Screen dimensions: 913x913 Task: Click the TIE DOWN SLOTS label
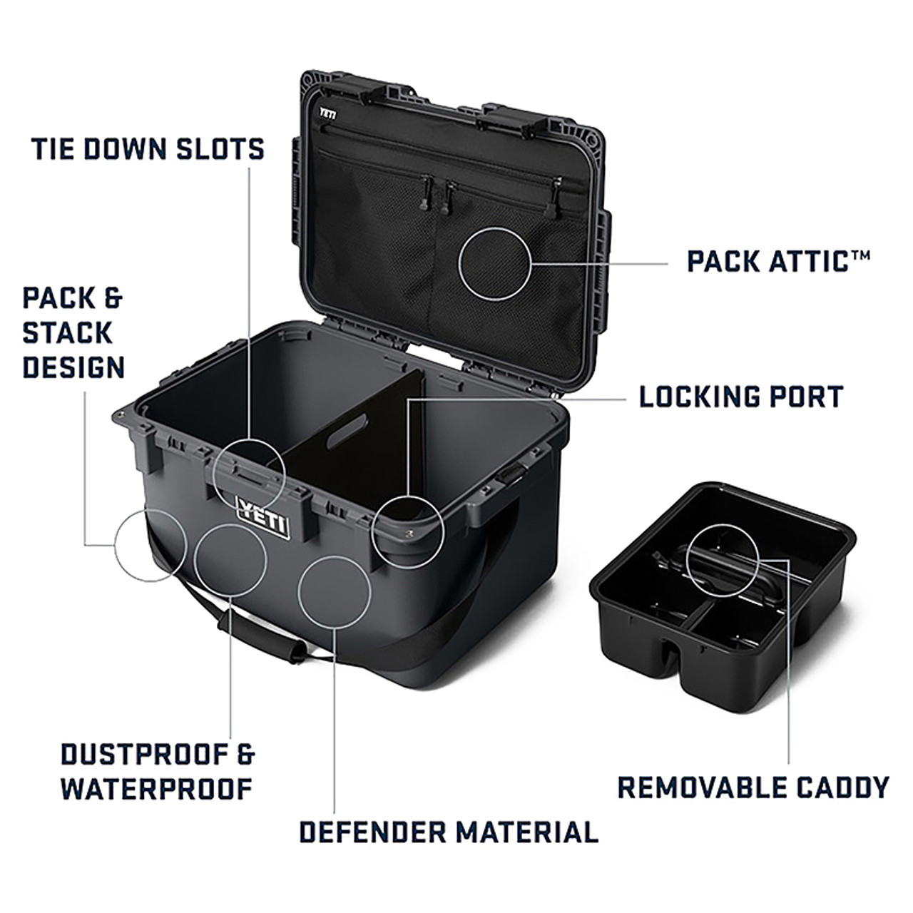pyautogui.click(x=148, y=149)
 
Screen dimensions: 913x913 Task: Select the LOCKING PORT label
pyautogui.click(x=741, y=397)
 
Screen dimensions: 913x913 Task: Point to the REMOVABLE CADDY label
pyautogui.click(x=753, y=787)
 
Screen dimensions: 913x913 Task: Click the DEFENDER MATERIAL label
pyautogui.click(x=449, y=832)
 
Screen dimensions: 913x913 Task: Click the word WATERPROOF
pyautogui.click(x=157, y=789)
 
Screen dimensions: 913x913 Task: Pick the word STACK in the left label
pyautogui.click(x=68, y=333)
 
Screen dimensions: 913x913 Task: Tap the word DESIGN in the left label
pyautogui.click(x=73, y=368)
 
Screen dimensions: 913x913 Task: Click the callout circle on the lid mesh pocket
pyautogui.click(x=495, y=263)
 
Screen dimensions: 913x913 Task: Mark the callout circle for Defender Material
pyautogui.click(x=335, y=593)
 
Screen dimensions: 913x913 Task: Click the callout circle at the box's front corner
pyautogui.click(x=408, y=531)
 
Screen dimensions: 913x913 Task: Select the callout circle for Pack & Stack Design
pyautogui.click(x=151, y=546)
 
